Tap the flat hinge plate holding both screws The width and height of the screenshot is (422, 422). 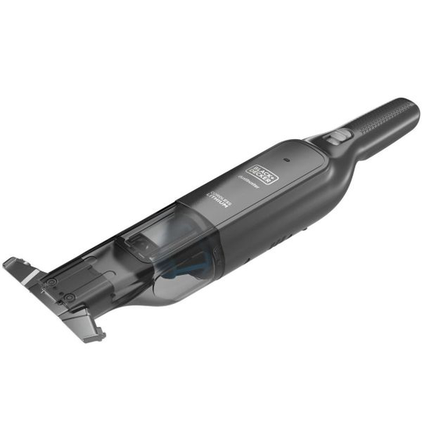pos(61,290)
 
